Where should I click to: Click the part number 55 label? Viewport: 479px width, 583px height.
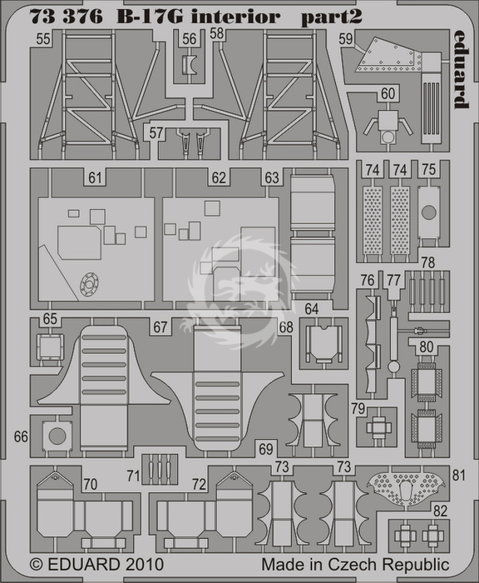pos(43,39)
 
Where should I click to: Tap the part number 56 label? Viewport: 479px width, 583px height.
pos(190,38)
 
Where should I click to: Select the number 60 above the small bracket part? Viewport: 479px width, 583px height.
pos(388,93)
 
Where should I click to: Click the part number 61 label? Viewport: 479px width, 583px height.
pos(95,177)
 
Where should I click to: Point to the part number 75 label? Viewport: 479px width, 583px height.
pos(429,170)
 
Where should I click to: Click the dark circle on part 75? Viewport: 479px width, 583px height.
pos(429,212)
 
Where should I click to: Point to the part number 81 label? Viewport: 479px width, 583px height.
pos(459,475)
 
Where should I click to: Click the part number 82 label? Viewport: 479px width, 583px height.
pos(440,511)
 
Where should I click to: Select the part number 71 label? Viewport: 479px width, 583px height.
pos(133,476)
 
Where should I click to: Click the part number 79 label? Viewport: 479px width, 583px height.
pos(358,409)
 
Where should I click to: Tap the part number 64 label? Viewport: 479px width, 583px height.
pos(312,309)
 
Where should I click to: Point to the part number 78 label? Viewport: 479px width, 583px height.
pos(427,263)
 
